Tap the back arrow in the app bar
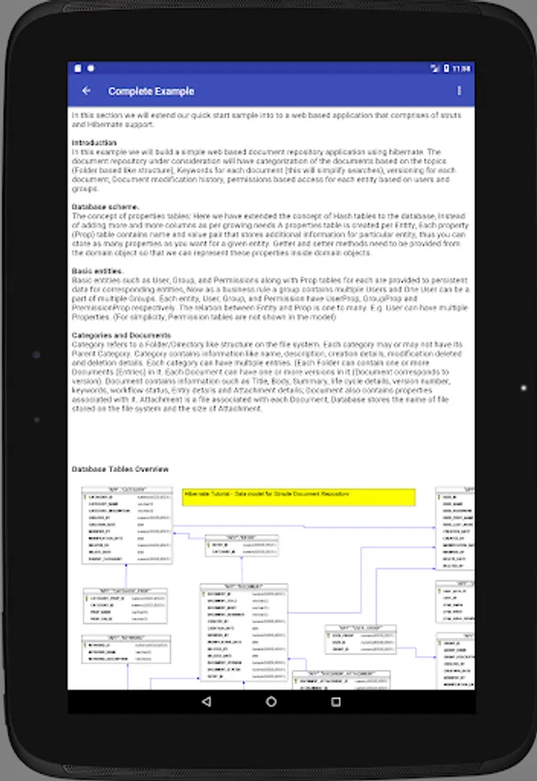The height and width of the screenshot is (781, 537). click(x=86, y=91)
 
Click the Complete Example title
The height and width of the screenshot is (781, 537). click(x=151, y=91)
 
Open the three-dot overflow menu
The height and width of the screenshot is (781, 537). click(x=459, y=91)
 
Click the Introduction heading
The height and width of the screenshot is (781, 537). click(x=94, y=142)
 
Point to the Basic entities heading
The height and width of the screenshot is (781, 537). click(x=97, y=271)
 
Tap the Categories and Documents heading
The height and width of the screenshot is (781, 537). click(x=121, y=335)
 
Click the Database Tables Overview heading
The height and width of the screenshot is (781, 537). click(x=120, y=469)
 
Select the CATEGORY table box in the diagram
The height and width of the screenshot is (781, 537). click(x=127, y=524)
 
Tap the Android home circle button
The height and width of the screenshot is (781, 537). click(x=272, y=701)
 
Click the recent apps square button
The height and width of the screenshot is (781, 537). click(x=337, y=701)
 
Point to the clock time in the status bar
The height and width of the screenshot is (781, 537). click(x=462, y=69)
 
